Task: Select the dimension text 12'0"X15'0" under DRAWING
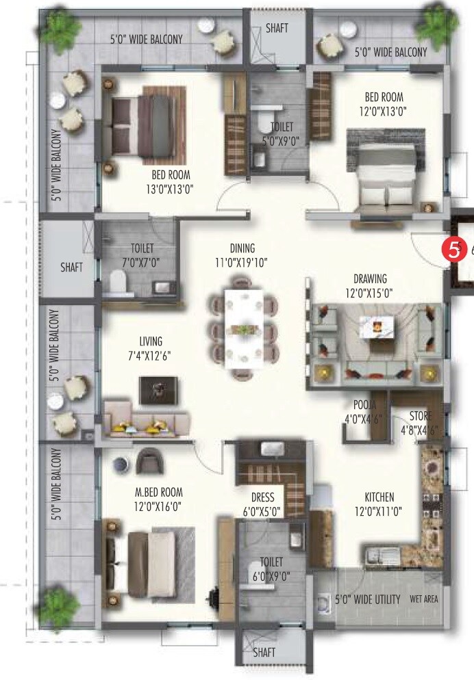click(370, 293)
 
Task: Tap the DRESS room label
click(262, 497)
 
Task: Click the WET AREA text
click(424, 599)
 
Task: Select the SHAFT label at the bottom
click(264, 653)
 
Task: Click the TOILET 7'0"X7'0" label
click(142, 254)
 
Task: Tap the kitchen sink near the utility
click(378, 556)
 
